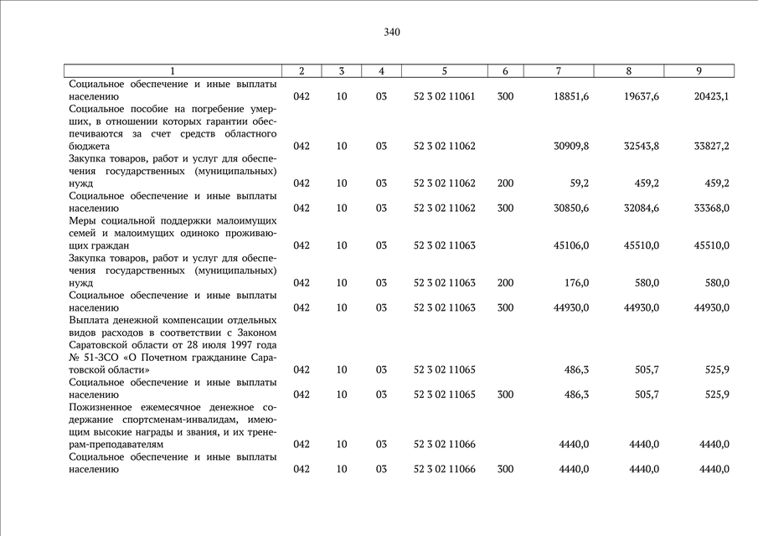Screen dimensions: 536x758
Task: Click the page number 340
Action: (392, 33)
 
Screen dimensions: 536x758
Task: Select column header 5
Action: (444, 71)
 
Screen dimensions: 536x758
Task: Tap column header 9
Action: (699, 71)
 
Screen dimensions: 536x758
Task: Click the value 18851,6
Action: (571, 96)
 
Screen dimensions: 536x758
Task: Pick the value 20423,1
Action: (711, 96)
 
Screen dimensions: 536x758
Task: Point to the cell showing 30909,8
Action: (571, 146)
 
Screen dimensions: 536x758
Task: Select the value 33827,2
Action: (711, 146)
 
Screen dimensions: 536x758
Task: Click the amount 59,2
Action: (577, 183)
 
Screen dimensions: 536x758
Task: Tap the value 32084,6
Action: (642, 208)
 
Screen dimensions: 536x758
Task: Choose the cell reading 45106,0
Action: (571, 245)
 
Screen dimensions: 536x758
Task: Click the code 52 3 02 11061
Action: (444, 96)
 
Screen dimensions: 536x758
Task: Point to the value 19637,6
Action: (642, 96)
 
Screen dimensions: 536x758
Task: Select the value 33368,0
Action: (711, 208)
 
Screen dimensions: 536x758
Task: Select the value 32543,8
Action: (642, 146)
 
